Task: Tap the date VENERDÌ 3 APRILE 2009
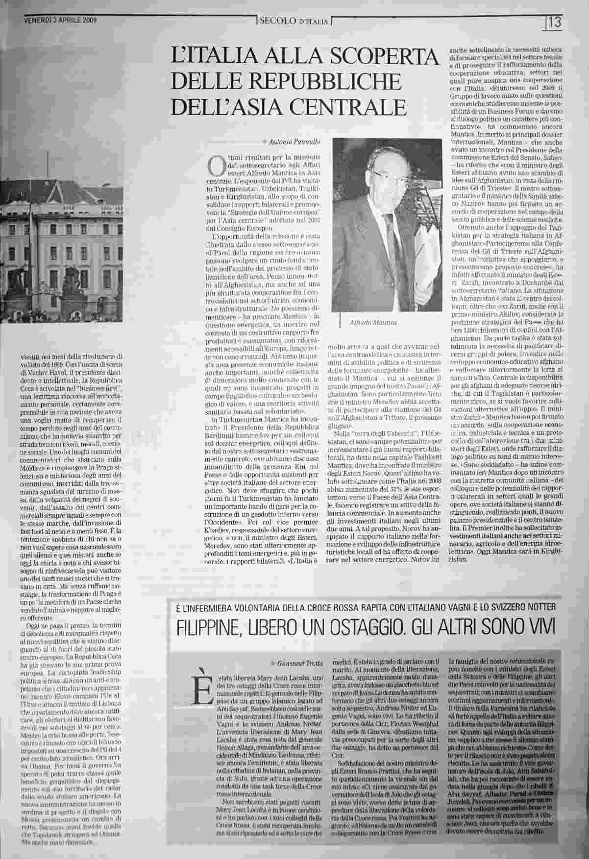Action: pyautogui.click(x=60, y=21)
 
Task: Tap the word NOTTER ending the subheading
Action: pyautogui.click(x=539, y=607)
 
